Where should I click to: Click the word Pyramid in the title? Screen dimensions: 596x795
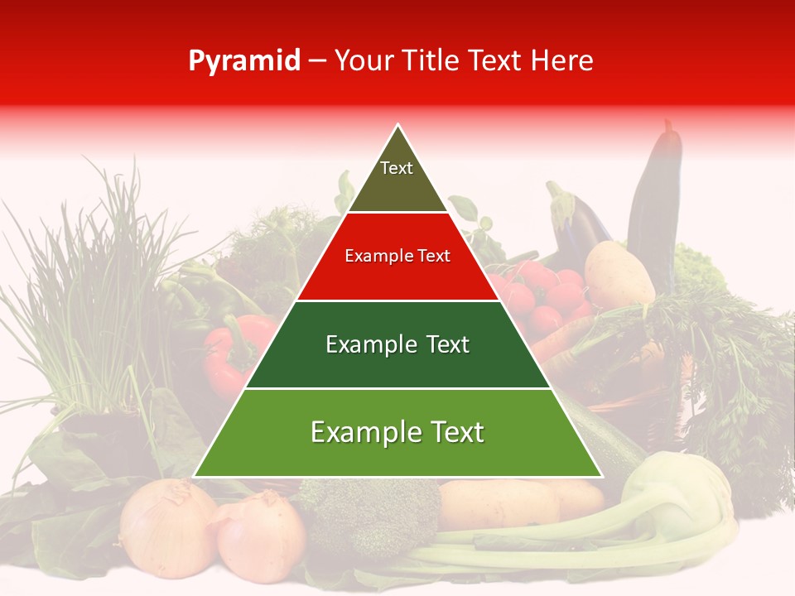coord(244,60)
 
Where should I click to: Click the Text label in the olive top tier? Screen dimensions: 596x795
coord(397,168)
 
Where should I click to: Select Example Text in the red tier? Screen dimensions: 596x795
coord(397,257)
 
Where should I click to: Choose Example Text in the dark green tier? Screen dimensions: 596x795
coord(397,344)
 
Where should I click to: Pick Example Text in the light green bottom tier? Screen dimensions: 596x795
coord(397,432)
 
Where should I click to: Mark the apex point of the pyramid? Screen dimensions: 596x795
coord(398,125)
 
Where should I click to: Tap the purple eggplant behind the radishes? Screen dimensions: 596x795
coord(580,219)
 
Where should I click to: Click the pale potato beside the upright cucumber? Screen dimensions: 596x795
coord(619,273)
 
